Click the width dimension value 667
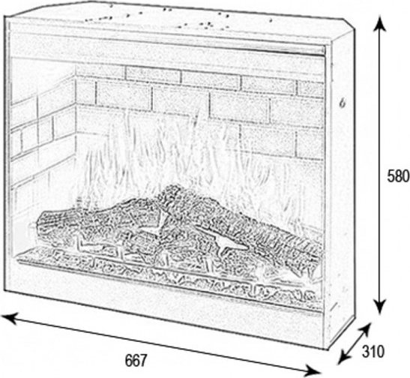click(x=136, y=360)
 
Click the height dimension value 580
click(x=398, y=175)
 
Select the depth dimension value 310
click(x=373, y=351)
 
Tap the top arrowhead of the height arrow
click(x=379, y=24)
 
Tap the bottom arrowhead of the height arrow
click(x=379, y=307)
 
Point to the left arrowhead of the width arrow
click(x=9, y=317)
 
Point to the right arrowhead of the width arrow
click(x=313, y=371)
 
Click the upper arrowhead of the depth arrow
click(x=366, y=328)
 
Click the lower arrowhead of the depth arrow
click(x=343, y=358)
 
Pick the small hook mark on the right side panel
click(x=342, y=103)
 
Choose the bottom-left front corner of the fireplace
click(x=4, y=289)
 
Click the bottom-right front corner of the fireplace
click(x=325, y=349)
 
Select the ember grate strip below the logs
click(x=170, y=272)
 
